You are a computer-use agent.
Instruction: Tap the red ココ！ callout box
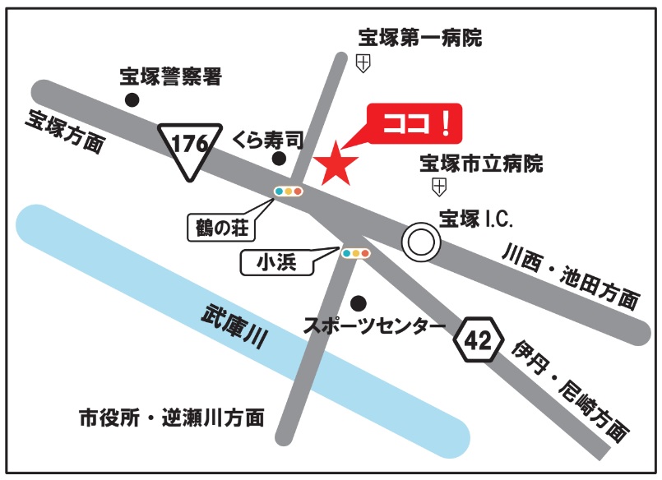click(x=414, y=125)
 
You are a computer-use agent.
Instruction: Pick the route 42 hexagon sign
click(x=477, y=338)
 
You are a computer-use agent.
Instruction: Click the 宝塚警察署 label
click(x=171, y=79)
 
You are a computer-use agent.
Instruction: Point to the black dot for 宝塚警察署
click(x=132, y=99)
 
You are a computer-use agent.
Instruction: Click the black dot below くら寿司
click(x=280, y=159)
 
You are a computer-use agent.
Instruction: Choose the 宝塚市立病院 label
click(x=481, y=164)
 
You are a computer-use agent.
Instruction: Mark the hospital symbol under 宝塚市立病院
click(x=439, y=187)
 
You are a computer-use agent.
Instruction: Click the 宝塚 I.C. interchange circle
click(x=422, y=242)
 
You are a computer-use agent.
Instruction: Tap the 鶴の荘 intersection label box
click(x=222, y=224)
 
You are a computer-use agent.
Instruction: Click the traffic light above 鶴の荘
click(x=289, y=192)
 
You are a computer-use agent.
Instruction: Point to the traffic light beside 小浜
click(x=355, y=253)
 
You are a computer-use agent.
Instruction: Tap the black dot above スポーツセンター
click(x=357, y=302)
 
